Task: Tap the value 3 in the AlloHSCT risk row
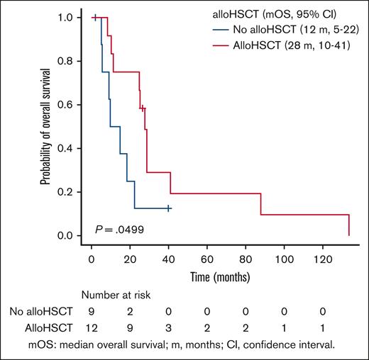point(168,327)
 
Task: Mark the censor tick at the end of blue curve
point(168,208)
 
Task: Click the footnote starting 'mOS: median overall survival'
point(187,344)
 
